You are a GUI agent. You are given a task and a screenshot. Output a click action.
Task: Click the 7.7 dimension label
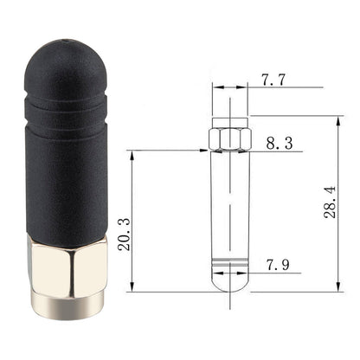pyautogui.click(x=273, y=80)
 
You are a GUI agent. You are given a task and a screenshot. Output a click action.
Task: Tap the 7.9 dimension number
pyautogui.click(x=279, y=263)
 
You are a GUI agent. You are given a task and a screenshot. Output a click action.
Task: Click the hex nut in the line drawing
pyautogui.click(x=230, y=138)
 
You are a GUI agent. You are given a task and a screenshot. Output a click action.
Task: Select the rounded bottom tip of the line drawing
pyautogui.click(x=230, y=283)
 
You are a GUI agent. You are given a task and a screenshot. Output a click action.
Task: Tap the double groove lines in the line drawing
pyautogui.click(x=230, y=261)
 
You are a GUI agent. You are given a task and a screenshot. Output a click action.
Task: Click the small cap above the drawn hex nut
pyautogui.click(x=230, y=121)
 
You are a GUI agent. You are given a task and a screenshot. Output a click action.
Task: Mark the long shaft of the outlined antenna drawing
pyautogui.click(x=230, y=203)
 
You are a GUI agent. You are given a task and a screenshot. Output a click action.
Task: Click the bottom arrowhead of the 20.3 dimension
pyautogui.click(x=131, y=290)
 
